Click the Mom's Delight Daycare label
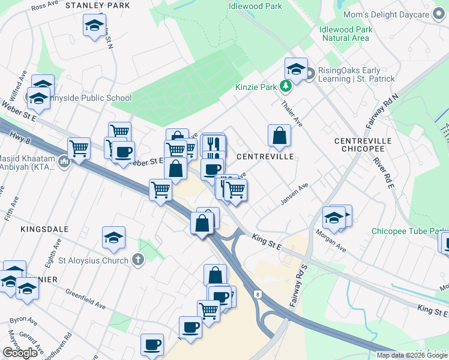point(386,14)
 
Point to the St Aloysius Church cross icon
point(138,260)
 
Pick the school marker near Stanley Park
point(93,26)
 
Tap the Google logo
point(20,353)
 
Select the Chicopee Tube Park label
point(408,231)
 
